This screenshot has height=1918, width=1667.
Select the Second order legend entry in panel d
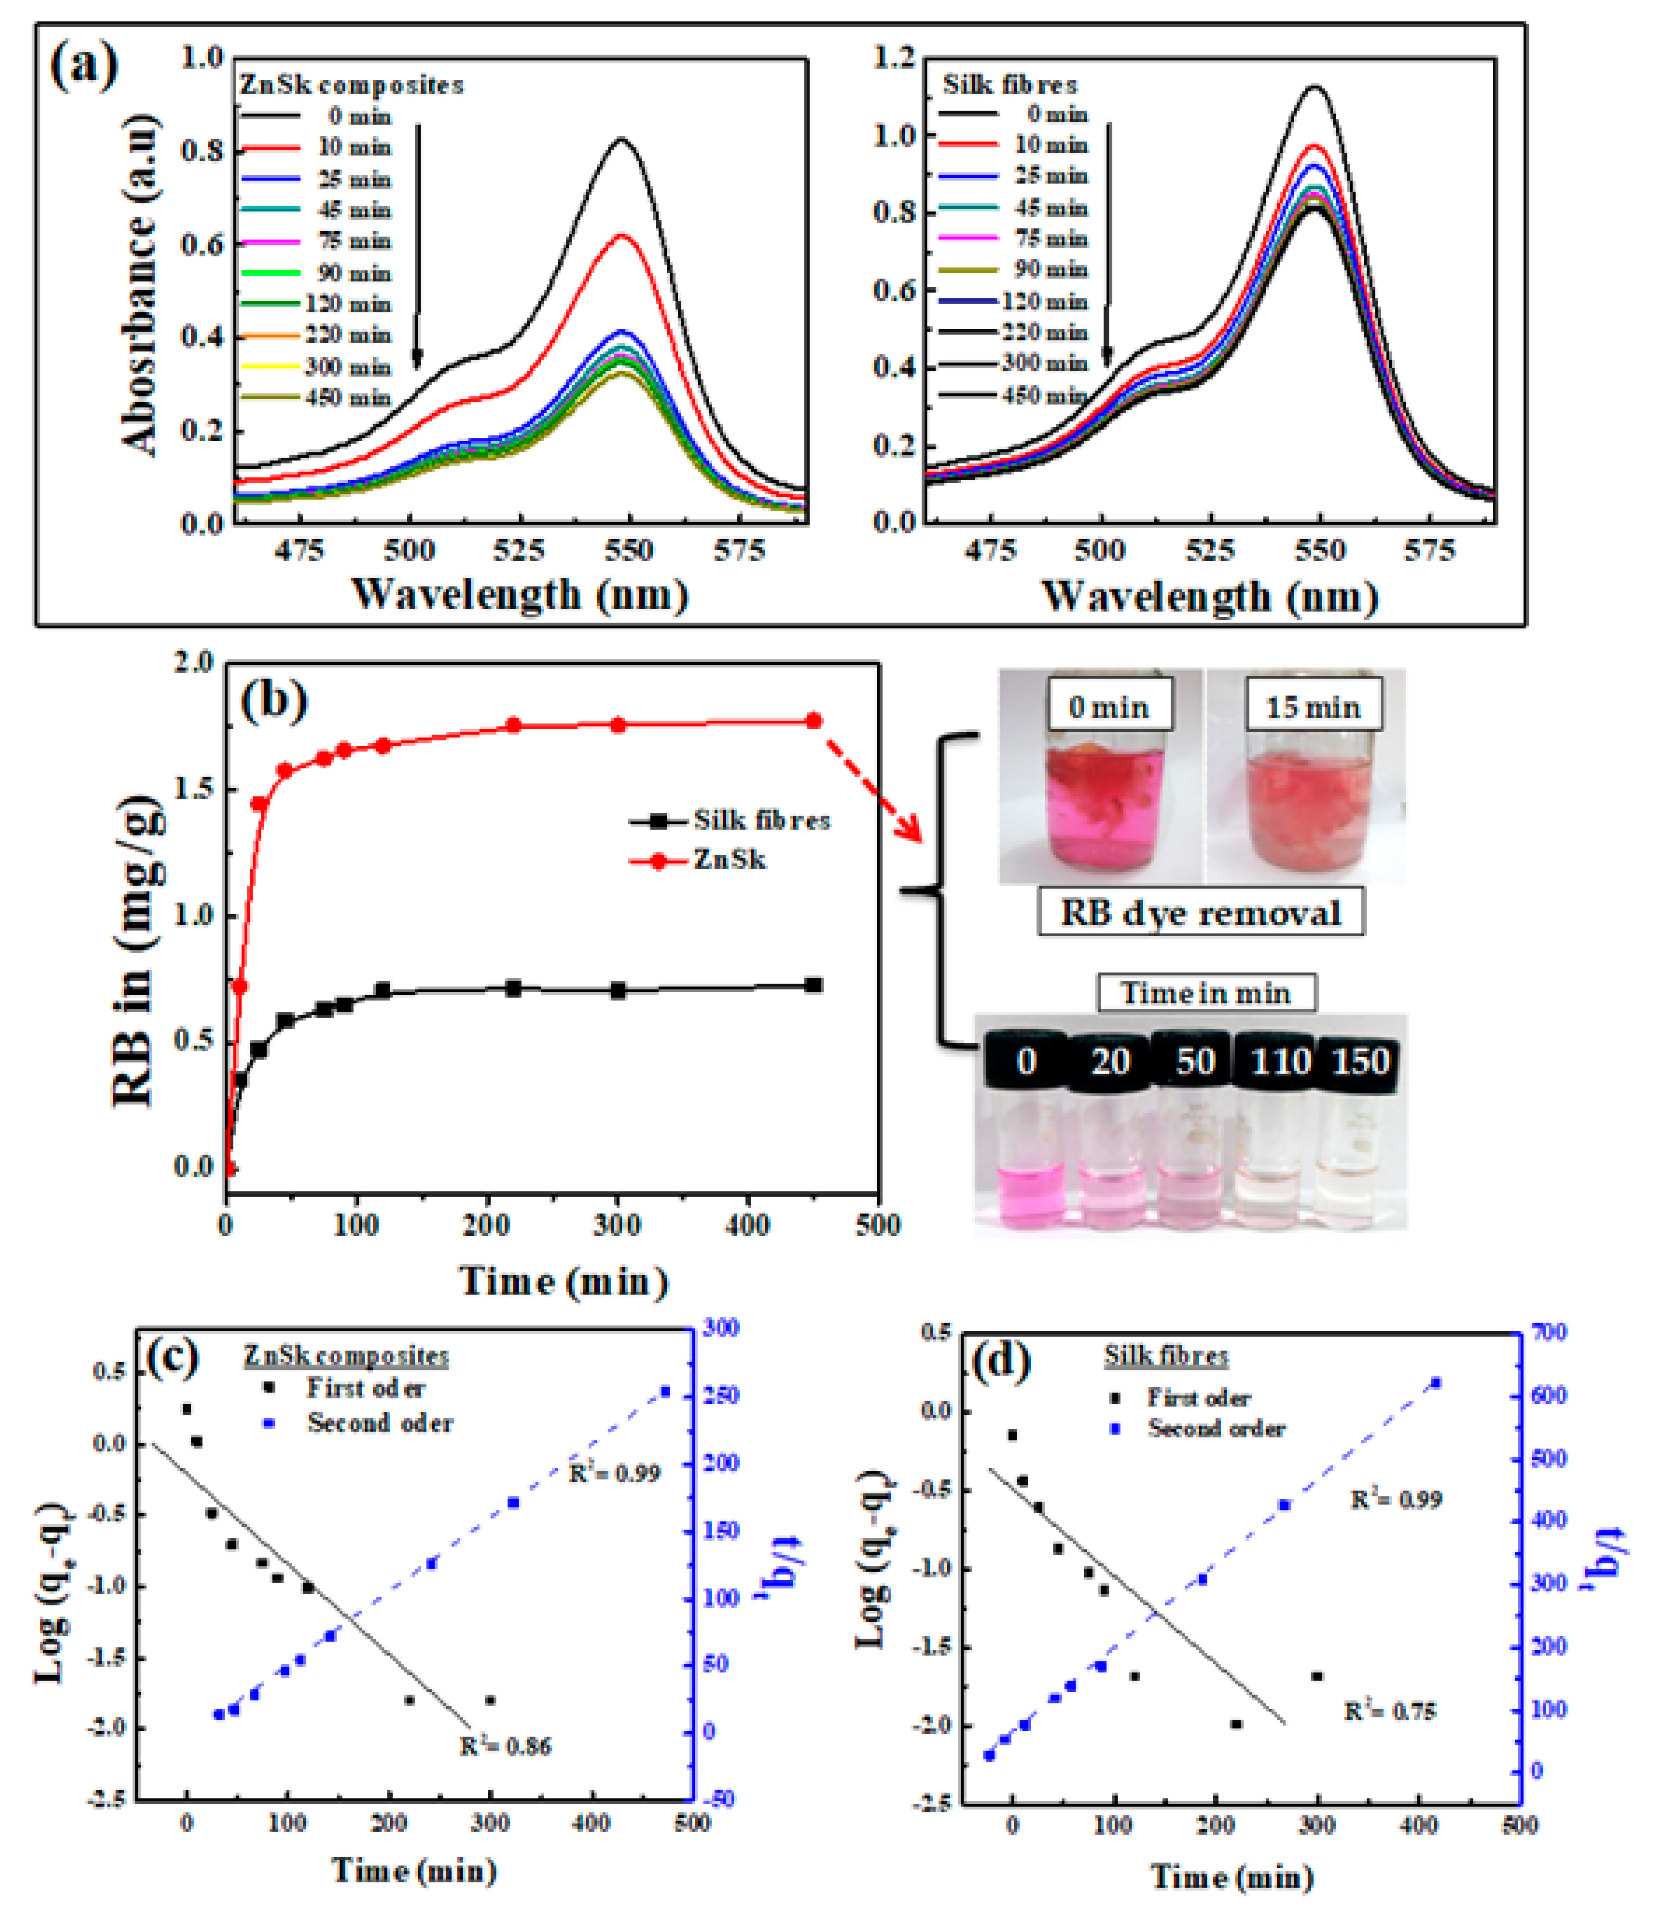1200,1428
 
